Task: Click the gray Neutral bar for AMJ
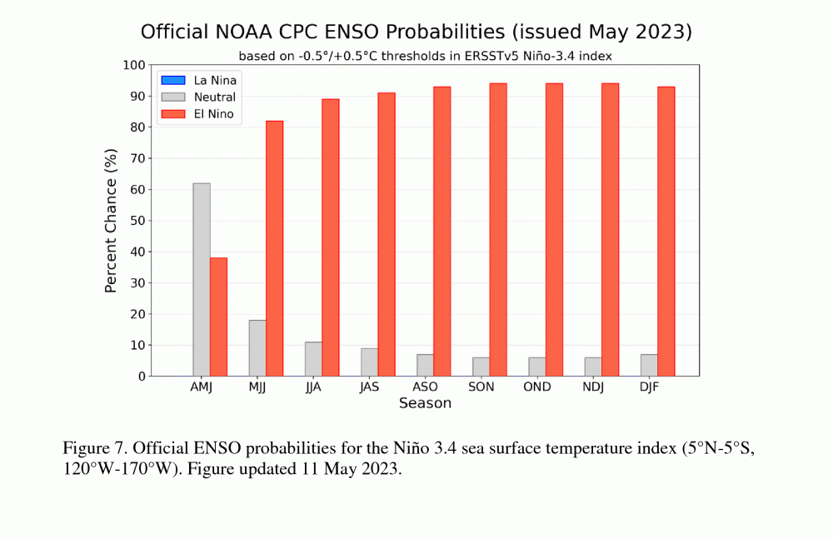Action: [x=202, y=280]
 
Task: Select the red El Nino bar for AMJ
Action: [x=218, y=317]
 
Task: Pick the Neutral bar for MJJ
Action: [x=257, y=348]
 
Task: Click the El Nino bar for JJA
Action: [x=331, y=237]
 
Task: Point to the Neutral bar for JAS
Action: [x=369, y=362]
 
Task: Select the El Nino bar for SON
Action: [x=498, y=230]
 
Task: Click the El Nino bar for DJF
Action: [x=666, y=232]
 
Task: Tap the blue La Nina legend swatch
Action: [x=172, y=81]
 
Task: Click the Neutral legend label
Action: [x=215, y=97]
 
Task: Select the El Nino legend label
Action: [x=214, y=114]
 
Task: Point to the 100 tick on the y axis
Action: [x=134, y=65]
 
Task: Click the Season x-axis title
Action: [x=425, y=404]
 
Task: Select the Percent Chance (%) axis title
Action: [x=111, y=221]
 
